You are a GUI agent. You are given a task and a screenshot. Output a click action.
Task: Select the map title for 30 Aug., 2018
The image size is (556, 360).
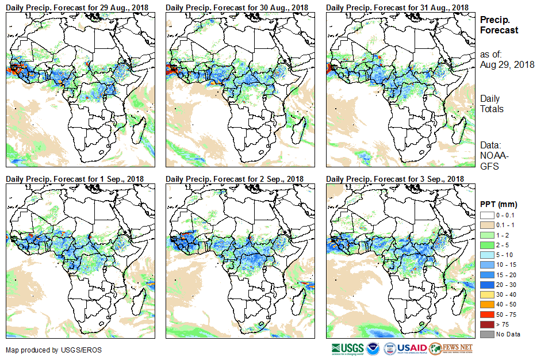[237, 7]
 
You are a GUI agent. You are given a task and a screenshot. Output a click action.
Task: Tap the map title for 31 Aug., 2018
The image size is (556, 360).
[397, 7]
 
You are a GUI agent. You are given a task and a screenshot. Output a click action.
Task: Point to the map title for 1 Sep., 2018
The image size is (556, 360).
[75, 179]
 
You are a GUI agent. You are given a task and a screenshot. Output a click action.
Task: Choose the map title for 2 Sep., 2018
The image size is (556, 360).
[235, 179]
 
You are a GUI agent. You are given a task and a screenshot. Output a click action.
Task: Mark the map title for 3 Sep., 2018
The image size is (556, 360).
[394, 179]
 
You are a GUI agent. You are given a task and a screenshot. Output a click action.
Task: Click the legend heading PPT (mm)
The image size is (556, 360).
[499, 204]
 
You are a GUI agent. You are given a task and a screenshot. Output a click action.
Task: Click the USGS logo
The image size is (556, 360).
[347, 348]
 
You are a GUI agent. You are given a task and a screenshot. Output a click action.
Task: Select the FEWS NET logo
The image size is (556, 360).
[451, 348]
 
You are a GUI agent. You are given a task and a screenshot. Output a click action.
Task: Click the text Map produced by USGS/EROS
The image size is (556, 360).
[41, 350]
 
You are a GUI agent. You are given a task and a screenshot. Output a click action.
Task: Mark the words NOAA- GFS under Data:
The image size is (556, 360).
[492, 162]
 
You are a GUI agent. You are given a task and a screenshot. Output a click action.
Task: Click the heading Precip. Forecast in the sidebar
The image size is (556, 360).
[499, 25]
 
